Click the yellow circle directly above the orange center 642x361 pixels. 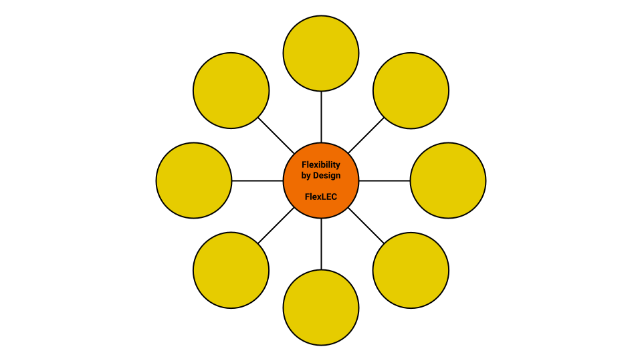click(x=321, y=53)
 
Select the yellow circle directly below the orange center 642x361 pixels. click(x=321, y=308)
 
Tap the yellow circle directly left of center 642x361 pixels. click(x=194, y=180)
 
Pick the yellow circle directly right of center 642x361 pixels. click(x=448, y=180)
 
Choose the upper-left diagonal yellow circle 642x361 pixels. click(x=231, y=90)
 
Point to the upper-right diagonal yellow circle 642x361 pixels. click(x=411, y=90)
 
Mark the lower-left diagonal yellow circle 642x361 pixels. click(x=231, y=270)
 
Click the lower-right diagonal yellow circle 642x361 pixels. click(x=411, y=270)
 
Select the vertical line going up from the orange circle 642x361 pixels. click(x=321, y=117)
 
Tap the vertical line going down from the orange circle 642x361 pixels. click(x=321, y=243)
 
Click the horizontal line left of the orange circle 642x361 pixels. click(x=257, y=180)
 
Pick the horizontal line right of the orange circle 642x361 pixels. click(x=385, y=180)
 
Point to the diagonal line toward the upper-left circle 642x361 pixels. click(x=276, y=136)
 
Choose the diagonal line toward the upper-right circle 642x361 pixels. click(x=366, y=136)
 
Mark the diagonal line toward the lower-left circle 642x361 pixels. click(x=276, y=225)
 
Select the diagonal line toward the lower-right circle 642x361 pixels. click(x=366, y=225)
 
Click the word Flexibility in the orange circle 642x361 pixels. click(x=321, y=164)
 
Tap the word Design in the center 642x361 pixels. click(x=328, y=176)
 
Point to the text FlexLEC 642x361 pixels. click(x=321, y=197)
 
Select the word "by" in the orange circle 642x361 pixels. click(x=307, y=176)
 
